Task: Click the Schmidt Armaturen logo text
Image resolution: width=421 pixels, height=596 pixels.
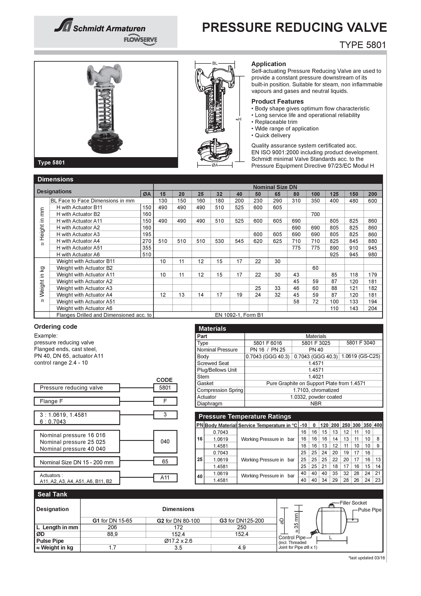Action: tap(109, 28)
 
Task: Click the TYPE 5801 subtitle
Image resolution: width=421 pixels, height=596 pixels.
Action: tap(362, 45)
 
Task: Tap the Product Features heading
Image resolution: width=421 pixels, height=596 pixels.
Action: tap(277, 101)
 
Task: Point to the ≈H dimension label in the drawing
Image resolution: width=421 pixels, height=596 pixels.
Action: tap(238, 119)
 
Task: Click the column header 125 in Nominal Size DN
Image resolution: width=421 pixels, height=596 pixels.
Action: tap(334, 194)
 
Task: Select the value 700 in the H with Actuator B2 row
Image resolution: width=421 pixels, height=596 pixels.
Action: tap(315, 214)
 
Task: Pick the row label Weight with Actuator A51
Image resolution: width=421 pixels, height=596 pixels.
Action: tap(85, 302)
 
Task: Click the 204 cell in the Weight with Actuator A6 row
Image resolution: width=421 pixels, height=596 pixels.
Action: tap(372, 308)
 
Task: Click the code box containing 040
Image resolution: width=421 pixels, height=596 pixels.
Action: tap(165, 442)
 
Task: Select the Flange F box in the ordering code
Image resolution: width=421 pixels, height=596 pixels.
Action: tap(77, 401)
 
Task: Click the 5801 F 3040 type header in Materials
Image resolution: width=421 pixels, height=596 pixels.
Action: tap(361, 343)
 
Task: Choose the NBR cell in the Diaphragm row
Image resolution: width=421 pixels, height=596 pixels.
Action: tap(316, 404)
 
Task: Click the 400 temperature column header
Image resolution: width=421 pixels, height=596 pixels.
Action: tap(378, 425)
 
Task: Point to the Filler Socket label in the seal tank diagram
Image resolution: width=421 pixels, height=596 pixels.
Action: tap(353, 503)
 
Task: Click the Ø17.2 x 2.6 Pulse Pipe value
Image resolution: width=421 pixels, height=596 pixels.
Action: tap(178, 541)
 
